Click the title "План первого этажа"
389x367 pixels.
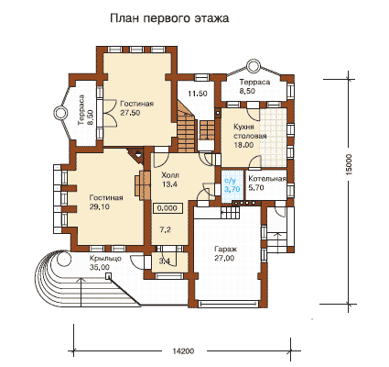pyautogui.click(x=169, y=18)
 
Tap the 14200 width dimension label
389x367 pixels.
pyautogui.click(x=183, y=350)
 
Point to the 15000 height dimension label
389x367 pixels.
pyautogui.click(x=350, y=164)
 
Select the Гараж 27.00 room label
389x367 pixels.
pyautogui.click(x=224, y=253)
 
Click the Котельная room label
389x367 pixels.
pyautogui.click(x=267, y=179)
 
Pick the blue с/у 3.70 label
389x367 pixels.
pyautogui.click(x=232, y=185)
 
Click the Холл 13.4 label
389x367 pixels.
pyautogui.click(x=170, y=180)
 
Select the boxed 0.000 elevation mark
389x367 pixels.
pyautogui.click(x=167, y=208)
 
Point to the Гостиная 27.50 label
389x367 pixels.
pyautogui.click(x=136, y=108)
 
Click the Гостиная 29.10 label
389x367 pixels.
pyautogui.click(x=106, y=202)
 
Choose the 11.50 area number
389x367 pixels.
pyautogui.click(x=198, y=94)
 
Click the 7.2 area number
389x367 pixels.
pyautogui.click(x=166, y=230)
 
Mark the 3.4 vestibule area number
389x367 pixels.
pyautogui.click(x=165, y=261)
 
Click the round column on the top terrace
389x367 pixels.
pyautogui.click(x=253, y=66)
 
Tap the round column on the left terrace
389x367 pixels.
pyautogui.click(x=60, y=113)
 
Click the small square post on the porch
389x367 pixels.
pyautogui.click(x=108, y=276)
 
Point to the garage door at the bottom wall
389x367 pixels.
pyautogui.click(x=229, y=304)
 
